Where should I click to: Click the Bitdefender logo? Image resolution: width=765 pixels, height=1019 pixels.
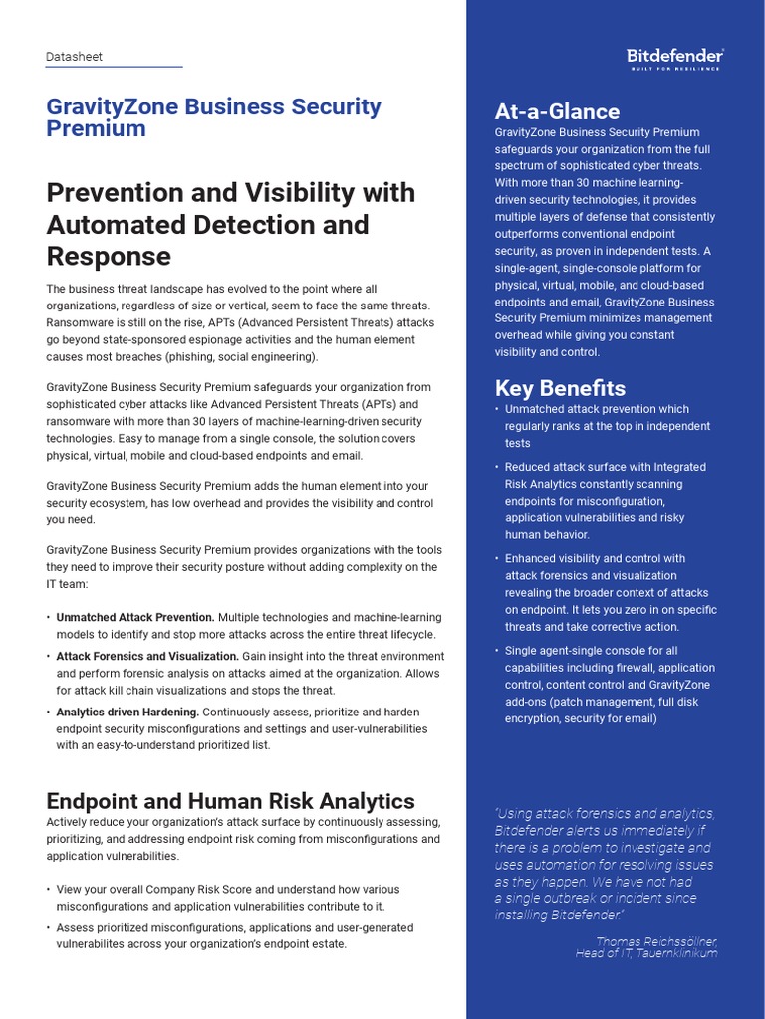pos(674,56)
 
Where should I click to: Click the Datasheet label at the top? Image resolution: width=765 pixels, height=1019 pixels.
pos(74,57)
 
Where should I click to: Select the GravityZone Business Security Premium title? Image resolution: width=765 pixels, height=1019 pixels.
pos(213,117)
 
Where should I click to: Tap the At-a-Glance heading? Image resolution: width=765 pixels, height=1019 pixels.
pos(557,111)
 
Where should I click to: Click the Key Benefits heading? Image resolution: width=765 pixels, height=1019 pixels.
pos(560,388)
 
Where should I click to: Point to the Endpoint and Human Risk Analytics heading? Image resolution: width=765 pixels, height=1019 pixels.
pos(230,801)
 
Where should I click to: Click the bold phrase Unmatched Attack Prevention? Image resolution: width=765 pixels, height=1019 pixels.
pos(134,618)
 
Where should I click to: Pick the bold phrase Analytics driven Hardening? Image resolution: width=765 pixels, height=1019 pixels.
pos(127,713)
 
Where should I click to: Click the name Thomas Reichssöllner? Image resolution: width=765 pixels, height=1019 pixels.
pos(656,940)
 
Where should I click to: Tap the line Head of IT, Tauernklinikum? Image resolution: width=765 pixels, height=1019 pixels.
pos(645,953)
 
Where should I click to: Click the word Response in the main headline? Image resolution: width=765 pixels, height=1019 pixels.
pos(109,257)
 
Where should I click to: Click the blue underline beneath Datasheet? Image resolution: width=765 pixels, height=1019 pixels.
pos(114,67)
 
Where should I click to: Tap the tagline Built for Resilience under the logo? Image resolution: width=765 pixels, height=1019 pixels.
pos(674,68)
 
